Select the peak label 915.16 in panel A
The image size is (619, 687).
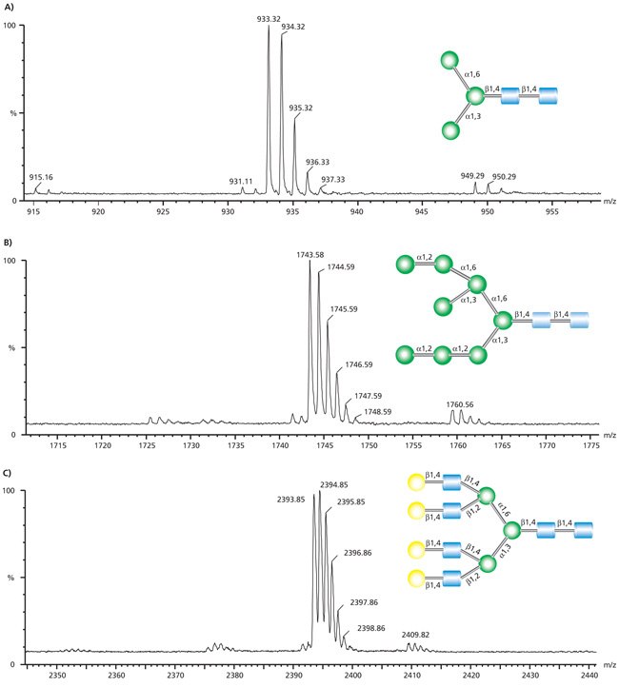[x=41, y=177]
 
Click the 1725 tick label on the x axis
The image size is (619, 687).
[x=147, y=445]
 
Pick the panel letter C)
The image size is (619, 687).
[x=10, y=473]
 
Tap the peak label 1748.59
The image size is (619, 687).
[x=377, y=412]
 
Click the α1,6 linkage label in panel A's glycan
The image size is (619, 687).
[x=473, y=73]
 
